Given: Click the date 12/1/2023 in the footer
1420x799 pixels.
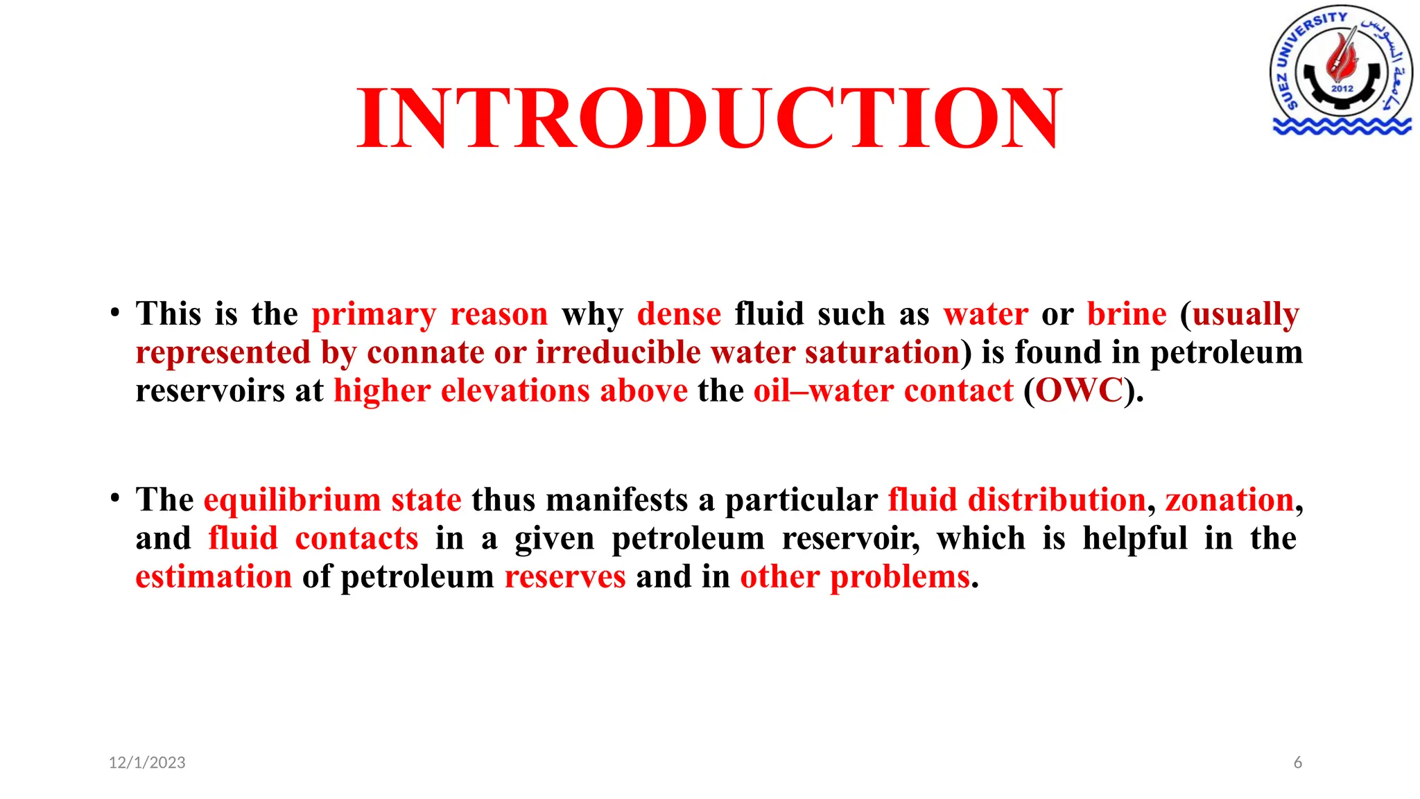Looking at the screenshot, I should pyautogui.click(x=147, y=763).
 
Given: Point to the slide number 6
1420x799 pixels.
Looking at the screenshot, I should pyautogui.click(x=1297, y=763).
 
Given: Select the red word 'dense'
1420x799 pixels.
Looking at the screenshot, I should pyautogui.click(x=679, y=314).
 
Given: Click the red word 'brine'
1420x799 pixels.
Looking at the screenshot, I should pyautogui.click(x=1127, y=314).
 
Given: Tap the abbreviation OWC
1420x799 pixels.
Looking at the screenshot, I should pyautogui.click(x=1078, y=390).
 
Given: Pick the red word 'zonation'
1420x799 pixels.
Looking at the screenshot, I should pyautogui.click(x=1229, y=500).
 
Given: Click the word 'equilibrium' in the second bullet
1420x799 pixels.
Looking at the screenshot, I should pyautogui.click(x=292, y=500).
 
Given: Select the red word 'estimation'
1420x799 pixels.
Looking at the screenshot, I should pyautogui.click(x=214, y=577).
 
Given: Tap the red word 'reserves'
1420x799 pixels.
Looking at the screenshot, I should pyautogui.click(x=565, y=577).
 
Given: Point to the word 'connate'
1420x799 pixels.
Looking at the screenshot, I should pyautogui.click(x=425, y=352).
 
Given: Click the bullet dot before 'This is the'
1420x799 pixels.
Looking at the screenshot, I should pyautogui.click(x=115, y=312).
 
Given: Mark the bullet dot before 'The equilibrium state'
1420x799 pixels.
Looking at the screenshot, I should pyautogui.click(x=115, y=498).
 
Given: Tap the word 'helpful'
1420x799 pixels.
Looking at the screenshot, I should pyautogui.click(x=1135, y=539).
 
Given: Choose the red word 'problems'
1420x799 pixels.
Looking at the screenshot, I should pyautogui.click(x=900, y=577).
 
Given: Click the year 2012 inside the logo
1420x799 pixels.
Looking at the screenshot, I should pyautogui.click(x=1342, y=89).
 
